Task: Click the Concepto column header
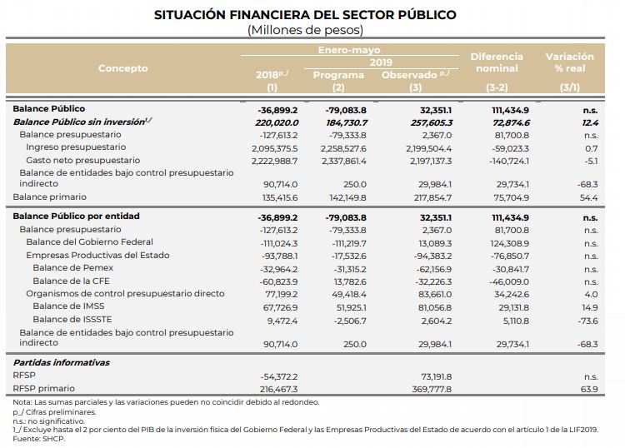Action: pyautogui.click(x=122, y=68)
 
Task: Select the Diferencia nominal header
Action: pyautogui.click(x=497, y=62)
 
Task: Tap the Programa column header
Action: pyautogui.click(x=338, y=75)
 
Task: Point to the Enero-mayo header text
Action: pyautogui.click(x=349, y=50)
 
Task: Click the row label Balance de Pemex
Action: pyautogui.click(x=73, y=267)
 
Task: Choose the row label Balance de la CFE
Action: pyautogui.click(x=71, y=281)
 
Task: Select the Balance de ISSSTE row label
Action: pyautogui.click(x=72, y=320)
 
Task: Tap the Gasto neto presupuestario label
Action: pyautogui.click(x=82, y=160)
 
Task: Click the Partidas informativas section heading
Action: pyautogui.click(x=62, y=362)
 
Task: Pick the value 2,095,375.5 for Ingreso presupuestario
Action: pyautogui.click(x=275, y=148)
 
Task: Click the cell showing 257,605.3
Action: pyautogui.click(x=432, y=122)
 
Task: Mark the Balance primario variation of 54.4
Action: pyautogui.click(x=588, y=197)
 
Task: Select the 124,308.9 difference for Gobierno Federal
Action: pyautogui.click(x=509, y=243)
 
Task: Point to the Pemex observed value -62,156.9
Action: pyautogui.click(x=433, y=269)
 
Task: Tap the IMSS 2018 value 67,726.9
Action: pyautogui.click(x=280, y=307)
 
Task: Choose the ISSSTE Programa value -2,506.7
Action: pyautogui.click(x=349, y=321)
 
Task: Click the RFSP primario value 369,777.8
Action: pyautogui.click(x=432, y=389)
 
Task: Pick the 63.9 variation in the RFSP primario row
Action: pyautogui.click(x=589, y=389)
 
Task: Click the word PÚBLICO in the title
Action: pyautogui.click(x=426, y=15)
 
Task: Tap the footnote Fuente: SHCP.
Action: pyautogui.click(x=38, y=439)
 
